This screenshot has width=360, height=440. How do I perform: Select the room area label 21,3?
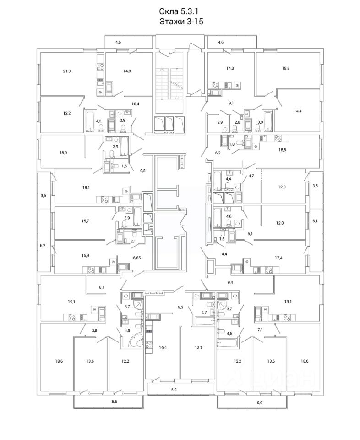[x=67, y=71]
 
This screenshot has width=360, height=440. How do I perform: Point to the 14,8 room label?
[x=127, y=71]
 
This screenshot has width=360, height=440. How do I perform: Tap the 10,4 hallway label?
[x=135, y=104]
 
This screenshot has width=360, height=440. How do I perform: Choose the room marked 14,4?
[x=298, y=111]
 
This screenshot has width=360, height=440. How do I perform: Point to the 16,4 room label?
[x=163, y=348]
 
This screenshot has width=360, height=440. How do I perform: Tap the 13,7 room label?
[x=198, y=348]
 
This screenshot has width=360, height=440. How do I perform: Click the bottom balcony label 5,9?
[x=174, y=390]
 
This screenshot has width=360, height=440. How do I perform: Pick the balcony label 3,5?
[x=315, y=186]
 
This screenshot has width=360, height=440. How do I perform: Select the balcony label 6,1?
[x=315, y=221]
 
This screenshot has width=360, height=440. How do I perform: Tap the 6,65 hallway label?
[x=137, y=258]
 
